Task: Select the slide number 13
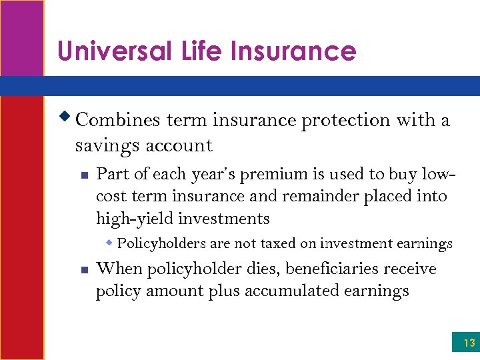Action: click(x=469, y=343)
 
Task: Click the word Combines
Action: click(x=118, y=121)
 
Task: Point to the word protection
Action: click(x=346, y=121)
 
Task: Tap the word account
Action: click(x=177, y=146)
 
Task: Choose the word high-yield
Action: click(x=133, y=219)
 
